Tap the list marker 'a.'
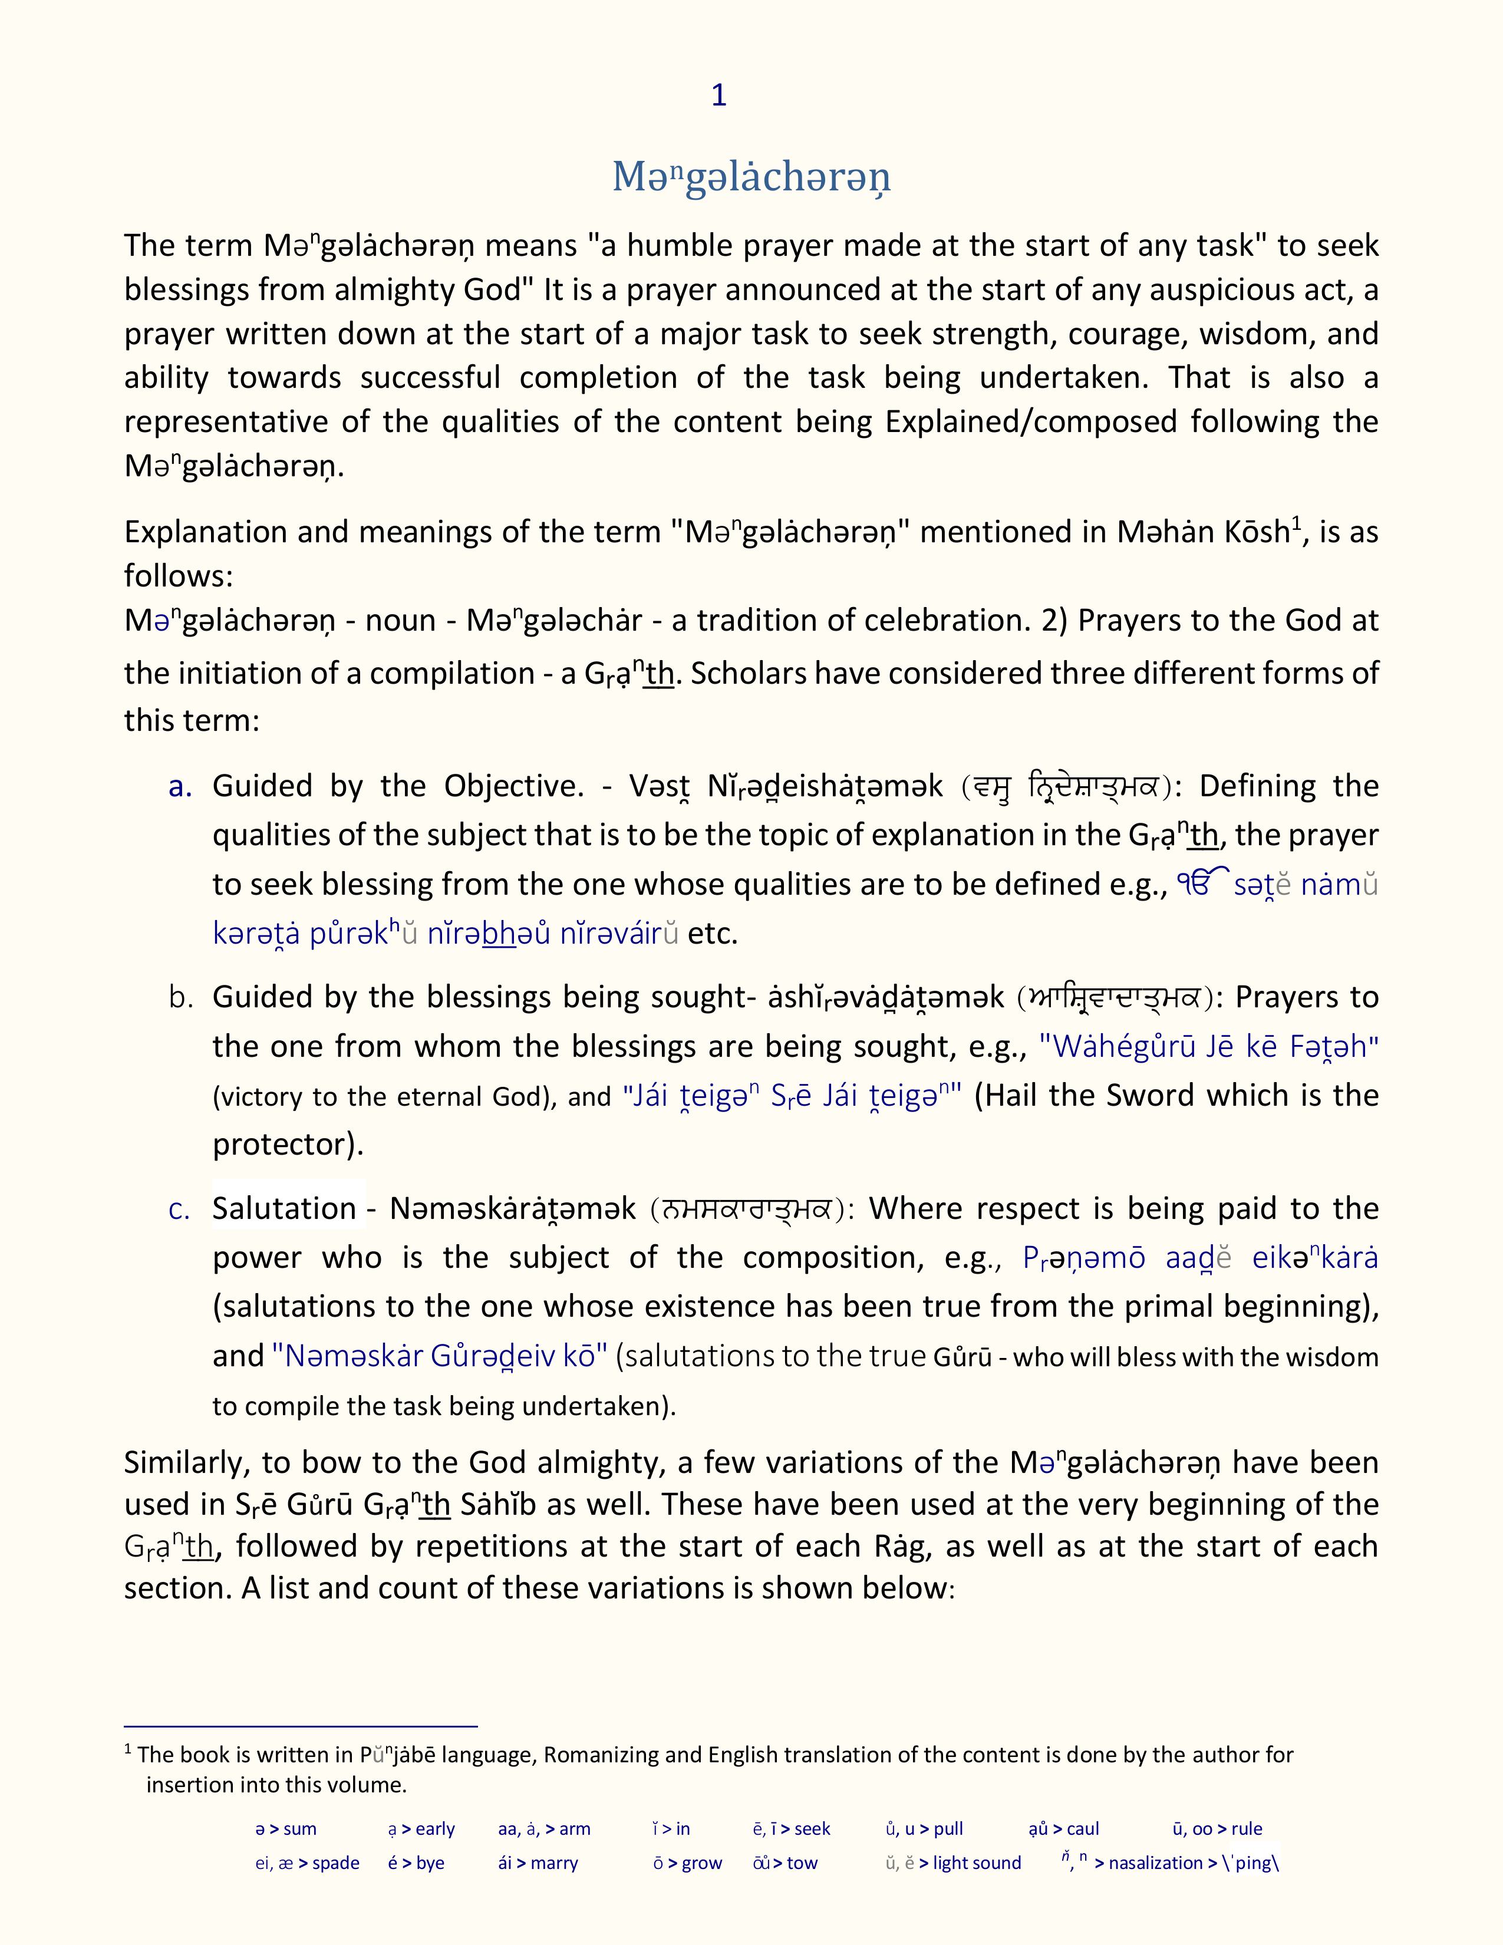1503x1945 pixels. point(181,786)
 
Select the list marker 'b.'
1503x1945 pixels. point(181,997)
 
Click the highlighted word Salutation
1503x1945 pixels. point(284,1208)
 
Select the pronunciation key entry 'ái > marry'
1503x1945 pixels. point(538,1863)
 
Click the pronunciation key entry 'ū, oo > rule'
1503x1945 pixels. point(1217,1828)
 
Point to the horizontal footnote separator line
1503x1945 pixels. point(301,1726)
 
